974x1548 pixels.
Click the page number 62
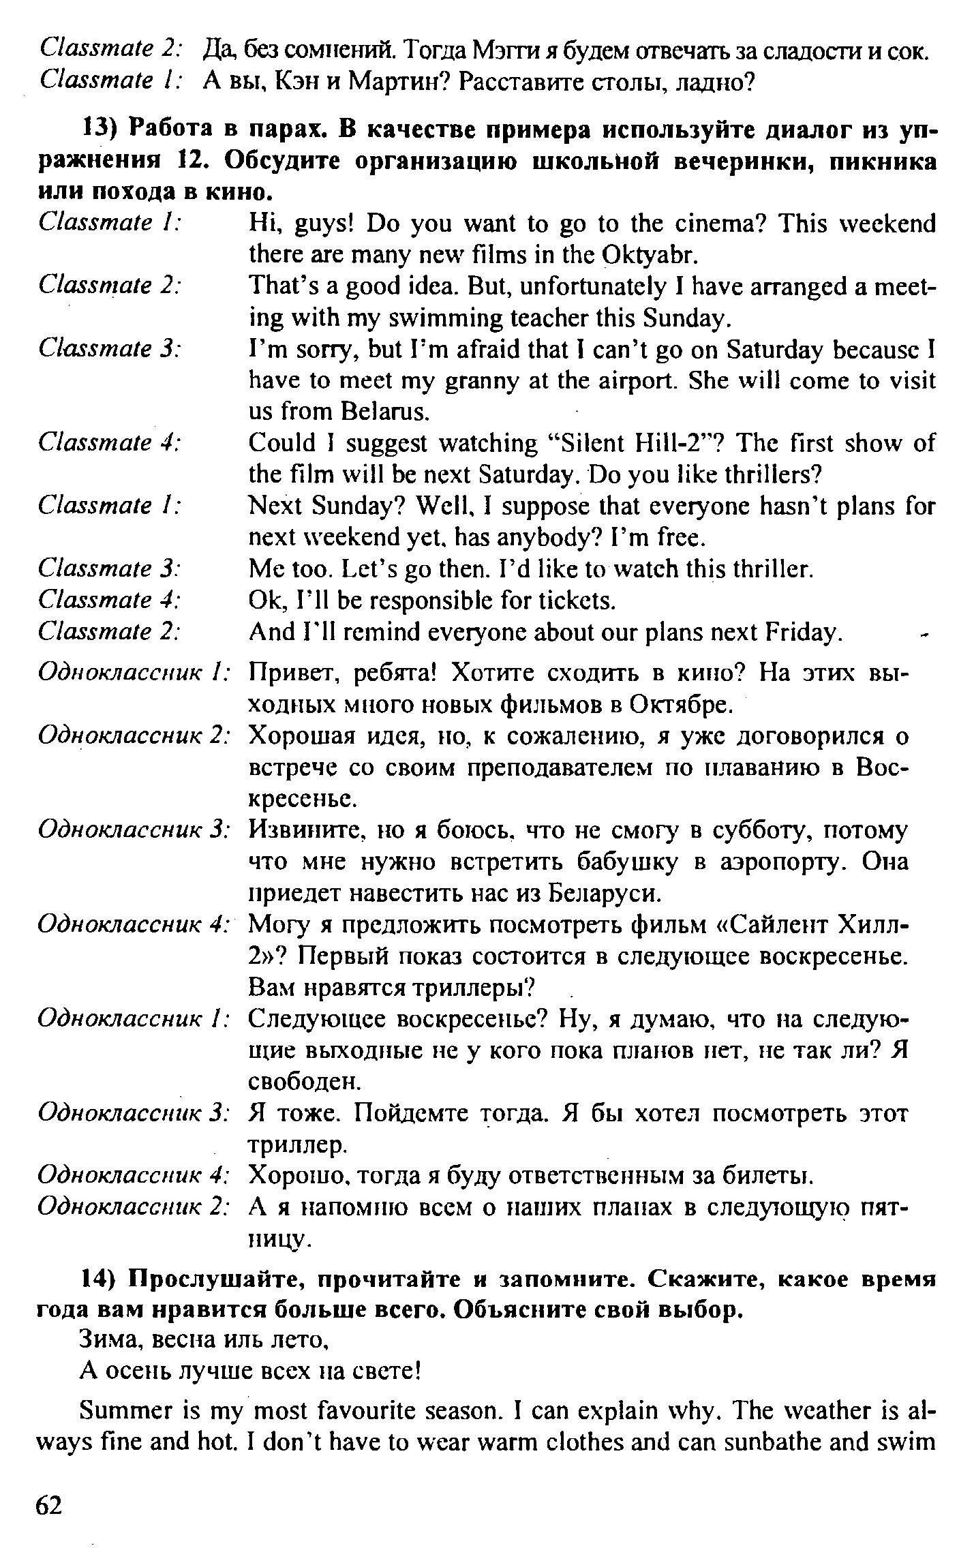(49, 1505)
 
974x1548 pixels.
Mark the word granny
(480, 380)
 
